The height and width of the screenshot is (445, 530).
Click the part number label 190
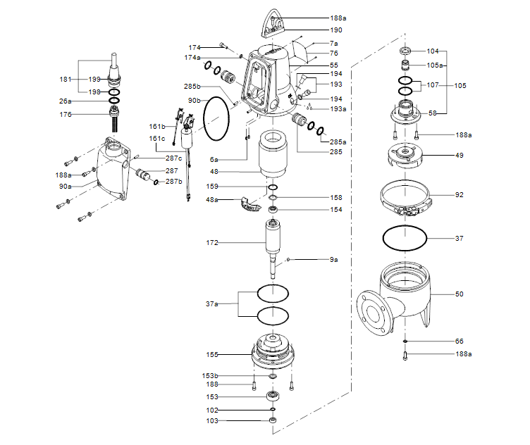click(336, 31)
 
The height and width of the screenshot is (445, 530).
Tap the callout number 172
click(212, 242)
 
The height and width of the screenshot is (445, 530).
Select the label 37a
click(211, 303)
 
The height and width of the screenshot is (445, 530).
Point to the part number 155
click(212, 356)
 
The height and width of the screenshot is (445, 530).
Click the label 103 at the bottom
click(212, 421)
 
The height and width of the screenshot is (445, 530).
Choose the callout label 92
click(460, 195)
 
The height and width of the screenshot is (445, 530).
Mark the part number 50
click(460, 294)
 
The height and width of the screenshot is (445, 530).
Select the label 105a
click(437, 65)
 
